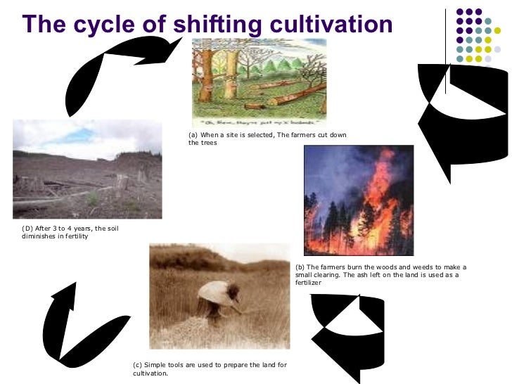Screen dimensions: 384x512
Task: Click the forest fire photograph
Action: (358, 200)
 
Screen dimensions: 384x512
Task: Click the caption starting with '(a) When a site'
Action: (267, 139)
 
